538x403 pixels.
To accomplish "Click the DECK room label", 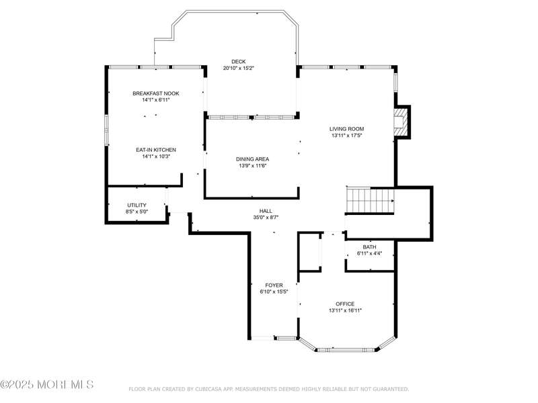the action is [x=239, y=62].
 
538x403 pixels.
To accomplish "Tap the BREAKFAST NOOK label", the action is [x=156, y=93].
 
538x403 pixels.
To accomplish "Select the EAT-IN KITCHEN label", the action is [x=156, y=150].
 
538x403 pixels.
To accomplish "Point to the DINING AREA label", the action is [x=253, y=159].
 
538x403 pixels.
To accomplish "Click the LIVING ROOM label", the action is [x=346, y=129].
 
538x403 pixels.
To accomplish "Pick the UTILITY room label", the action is [x=137, y=205].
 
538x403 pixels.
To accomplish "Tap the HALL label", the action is [x=266, y=211].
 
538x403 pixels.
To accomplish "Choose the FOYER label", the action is [x=274, y=285].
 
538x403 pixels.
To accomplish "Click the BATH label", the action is [x=369, y=247].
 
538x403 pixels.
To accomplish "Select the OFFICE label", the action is [x=345, y=304].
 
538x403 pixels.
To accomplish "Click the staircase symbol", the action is [x=370, y=200].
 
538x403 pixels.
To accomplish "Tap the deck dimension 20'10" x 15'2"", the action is [x=239, y=69].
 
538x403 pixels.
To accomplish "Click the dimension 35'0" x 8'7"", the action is [x=266, y=217].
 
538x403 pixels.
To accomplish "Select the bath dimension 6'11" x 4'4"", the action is [x=369, y=254].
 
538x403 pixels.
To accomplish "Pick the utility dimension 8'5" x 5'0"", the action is [x=137, y=212].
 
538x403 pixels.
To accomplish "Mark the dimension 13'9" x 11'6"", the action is [x=253, y=166].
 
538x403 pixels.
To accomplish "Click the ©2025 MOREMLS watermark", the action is [x=47, y=384].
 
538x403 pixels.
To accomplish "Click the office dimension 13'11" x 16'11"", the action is [x=345, y=310].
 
